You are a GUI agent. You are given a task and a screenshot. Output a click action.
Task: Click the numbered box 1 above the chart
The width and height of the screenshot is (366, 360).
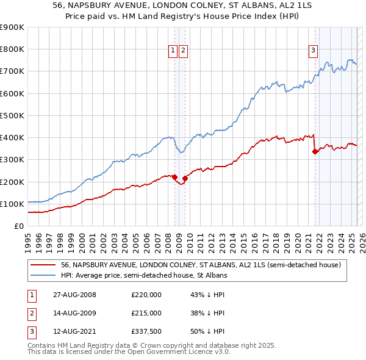[x=173, y=51]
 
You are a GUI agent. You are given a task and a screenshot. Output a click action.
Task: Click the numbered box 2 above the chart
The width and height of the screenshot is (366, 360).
[x=183, y=51]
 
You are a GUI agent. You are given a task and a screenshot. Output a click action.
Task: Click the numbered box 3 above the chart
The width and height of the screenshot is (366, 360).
[x=313, y=51]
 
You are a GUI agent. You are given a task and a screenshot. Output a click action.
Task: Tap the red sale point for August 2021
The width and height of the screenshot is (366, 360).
[x=315, y=151]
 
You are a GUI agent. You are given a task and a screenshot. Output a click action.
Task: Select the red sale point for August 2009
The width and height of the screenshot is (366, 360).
[x=185, y=178]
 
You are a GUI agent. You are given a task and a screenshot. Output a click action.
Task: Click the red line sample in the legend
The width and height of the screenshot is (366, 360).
[x=43, y=265]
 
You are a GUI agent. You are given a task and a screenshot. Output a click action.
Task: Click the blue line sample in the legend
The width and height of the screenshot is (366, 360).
[x=43, y=276]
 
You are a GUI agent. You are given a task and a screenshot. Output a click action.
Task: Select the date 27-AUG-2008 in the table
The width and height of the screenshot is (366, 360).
[x=75, y=295]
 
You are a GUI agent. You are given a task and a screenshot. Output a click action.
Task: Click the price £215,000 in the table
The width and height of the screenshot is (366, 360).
[x=146, y=314]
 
